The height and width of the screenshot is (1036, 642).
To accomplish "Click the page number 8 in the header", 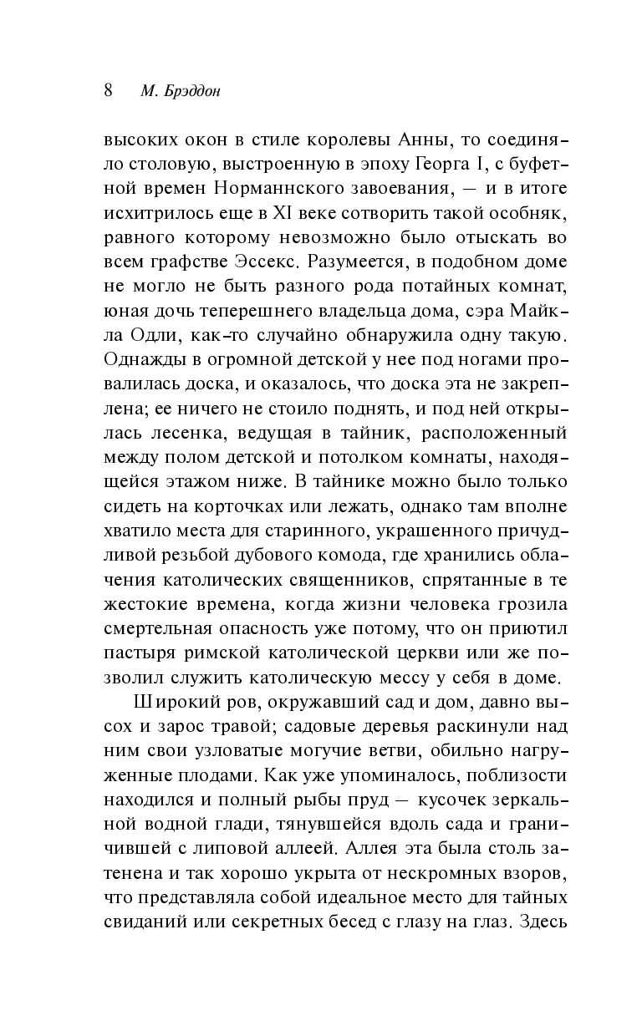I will (109, 91).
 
